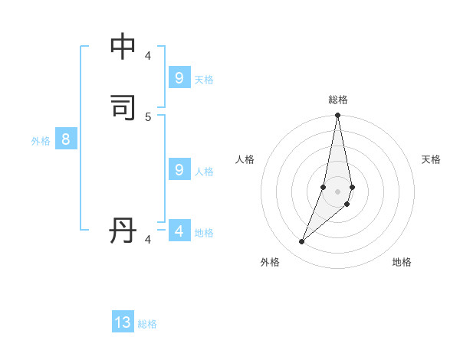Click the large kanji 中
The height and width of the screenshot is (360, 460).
click(x=123, y=47)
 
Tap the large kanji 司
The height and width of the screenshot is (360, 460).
click(x=123, y=107)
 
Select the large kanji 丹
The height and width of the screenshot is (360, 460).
click(x=123, y=231)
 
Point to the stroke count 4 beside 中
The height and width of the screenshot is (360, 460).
click(x=148, y=56)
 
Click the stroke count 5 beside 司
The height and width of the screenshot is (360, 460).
click(x=148, y=116)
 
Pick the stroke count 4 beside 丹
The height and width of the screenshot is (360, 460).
click(x=148, y=240)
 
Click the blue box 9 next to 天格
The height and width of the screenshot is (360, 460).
click(x=179, y=78)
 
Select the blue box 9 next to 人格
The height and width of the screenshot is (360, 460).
click(x=179, y=170)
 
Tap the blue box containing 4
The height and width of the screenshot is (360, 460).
click(x=179, y=231)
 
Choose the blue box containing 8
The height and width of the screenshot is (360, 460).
click(x=66, y=139)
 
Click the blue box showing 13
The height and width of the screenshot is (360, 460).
click(x=123, y=322)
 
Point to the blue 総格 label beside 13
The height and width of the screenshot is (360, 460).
click(x=147, y=324)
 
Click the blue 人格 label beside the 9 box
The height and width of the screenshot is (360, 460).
click(x=204, y=172)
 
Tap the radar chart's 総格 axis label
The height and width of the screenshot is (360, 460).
click(x=338, y=100)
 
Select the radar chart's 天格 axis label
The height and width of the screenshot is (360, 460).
click(x=431, y=159)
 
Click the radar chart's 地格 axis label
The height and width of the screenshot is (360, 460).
click(x=402, y=262)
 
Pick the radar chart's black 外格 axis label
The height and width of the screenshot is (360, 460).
click(x=270, y=262)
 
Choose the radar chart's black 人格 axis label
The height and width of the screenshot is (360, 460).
click(x=245, y=159)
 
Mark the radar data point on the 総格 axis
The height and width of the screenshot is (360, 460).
click(x=337, y=116)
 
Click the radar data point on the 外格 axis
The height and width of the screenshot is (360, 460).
click(x=301, y=242)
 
